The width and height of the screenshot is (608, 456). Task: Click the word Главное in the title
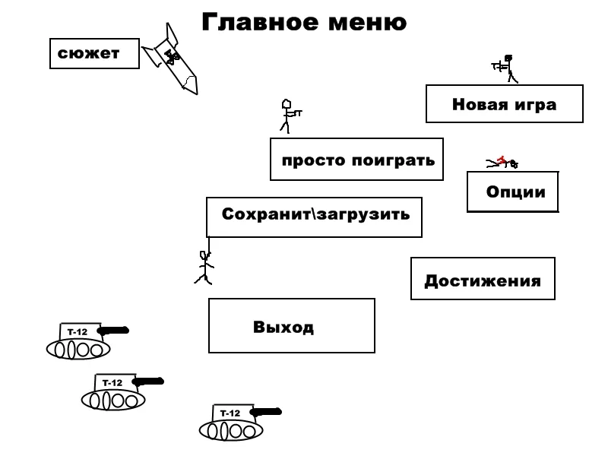(x=250, y=23)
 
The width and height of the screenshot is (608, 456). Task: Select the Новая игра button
(x=504, y=104)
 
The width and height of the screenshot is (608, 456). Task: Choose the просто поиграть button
(x=356, y=160)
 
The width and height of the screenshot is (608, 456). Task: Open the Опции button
(x=513, y=192)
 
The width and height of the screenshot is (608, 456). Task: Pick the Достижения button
(x=483, y=279)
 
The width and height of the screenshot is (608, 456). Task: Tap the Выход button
(x=292, y=326)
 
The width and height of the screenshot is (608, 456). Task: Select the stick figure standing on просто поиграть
(x=288, y=116)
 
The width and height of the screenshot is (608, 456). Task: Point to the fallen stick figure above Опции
(x=502, y=161)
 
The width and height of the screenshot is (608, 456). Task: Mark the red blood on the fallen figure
(x=501, y=158)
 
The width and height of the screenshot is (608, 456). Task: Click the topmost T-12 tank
(x=81, y=341)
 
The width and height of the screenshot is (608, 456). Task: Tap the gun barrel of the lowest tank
(x=265, y=412)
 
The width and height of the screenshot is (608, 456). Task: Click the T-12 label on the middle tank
(x=112, y=383)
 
